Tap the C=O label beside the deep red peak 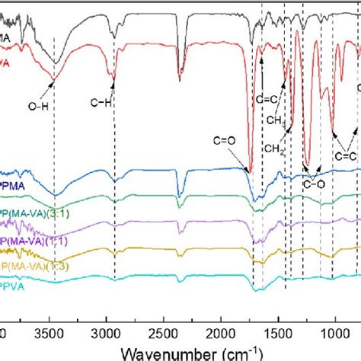228,140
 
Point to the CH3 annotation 275,120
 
